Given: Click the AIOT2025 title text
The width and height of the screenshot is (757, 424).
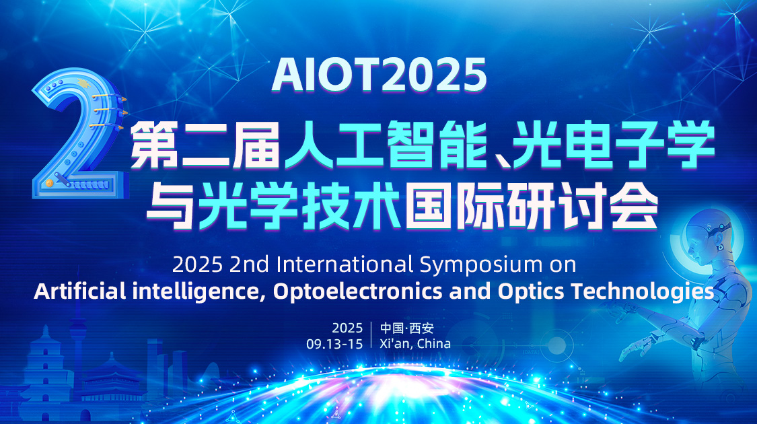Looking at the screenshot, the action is click(379, 75).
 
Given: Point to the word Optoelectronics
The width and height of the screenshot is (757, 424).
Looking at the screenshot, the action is click(358, 291).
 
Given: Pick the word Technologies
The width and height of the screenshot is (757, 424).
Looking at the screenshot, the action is click(642, 291).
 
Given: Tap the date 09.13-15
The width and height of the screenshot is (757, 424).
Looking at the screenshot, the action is click(334, 344).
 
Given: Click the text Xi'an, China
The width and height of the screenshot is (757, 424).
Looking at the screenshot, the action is click(415, 344).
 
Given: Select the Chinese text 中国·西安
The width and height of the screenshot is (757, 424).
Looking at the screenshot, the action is click(407, 328).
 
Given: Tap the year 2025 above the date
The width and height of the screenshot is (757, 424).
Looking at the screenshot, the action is click(347, 328).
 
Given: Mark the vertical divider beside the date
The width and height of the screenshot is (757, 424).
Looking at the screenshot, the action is click(371, 334).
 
